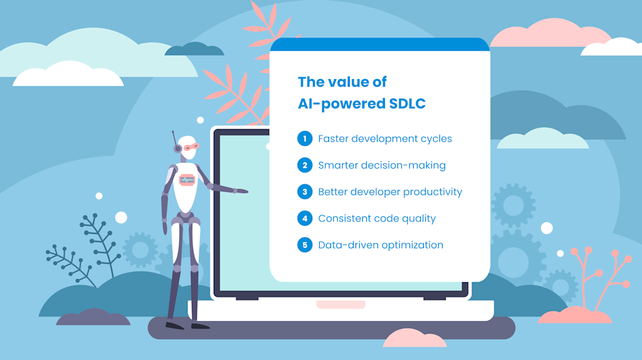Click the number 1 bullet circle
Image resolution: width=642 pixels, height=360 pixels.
305,139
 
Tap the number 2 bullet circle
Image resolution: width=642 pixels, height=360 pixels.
305,166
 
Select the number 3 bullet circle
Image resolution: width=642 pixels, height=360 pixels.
305,192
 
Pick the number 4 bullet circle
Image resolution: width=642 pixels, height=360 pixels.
305,218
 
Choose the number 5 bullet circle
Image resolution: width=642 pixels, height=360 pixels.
305,245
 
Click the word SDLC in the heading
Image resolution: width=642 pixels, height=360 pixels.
406,103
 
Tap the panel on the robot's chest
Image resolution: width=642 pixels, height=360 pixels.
187,180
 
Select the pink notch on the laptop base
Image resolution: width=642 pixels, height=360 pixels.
340,305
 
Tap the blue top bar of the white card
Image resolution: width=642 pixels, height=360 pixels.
379,45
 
